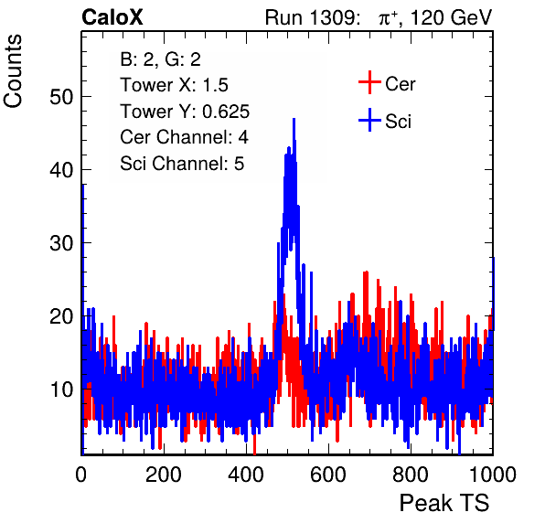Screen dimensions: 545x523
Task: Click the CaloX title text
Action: point(112,17)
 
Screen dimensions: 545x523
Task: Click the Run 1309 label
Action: point(312,17)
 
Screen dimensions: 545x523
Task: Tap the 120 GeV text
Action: point(452,17)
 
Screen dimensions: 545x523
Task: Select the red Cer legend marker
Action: point(369,82)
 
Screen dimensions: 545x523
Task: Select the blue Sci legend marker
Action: point(369,120)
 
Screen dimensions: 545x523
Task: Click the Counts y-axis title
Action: point(13,71)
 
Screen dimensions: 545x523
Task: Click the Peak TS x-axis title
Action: point(444,503)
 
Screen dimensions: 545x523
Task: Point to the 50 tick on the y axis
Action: point(61,97)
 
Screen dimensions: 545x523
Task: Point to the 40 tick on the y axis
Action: point(61,170)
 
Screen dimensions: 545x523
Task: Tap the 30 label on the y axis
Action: point(61,243)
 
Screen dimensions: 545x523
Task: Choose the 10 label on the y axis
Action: point(61,390)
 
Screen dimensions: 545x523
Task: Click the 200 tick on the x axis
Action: point(164,475)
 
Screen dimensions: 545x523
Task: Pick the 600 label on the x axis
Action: point(328,475)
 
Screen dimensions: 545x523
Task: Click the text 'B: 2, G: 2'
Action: point(160,59)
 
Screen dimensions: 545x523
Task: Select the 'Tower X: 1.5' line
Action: point(174,85)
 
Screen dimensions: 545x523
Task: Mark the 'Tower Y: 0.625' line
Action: point(185,112)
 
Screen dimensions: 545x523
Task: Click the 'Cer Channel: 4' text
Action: point(184,137)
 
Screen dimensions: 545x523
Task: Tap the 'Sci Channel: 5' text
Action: point(182,164)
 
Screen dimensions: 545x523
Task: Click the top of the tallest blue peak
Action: point(294,119)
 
